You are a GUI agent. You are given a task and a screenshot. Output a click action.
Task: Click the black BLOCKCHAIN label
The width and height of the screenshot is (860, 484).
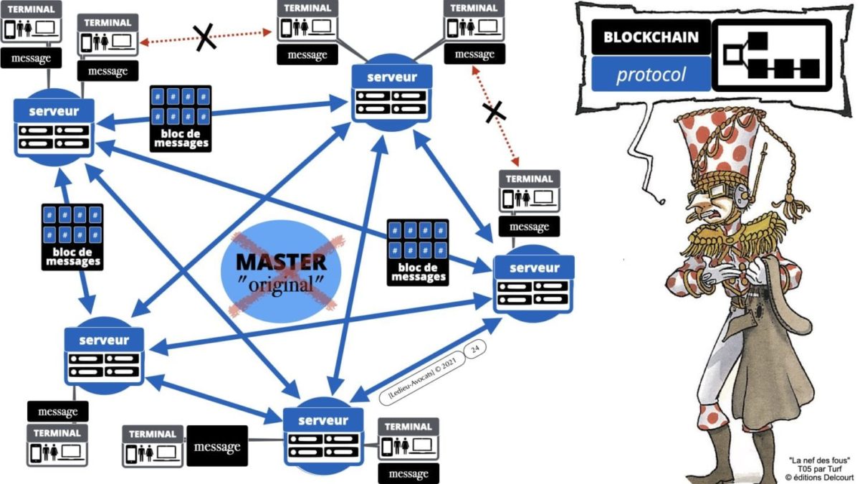click(651, 37)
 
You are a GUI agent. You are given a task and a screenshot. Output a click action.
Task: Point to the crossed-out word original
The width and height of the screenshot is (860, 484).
click(281, 283)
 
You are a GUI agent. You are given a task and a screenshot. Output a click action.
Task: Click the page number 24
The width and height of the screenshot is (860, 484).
click(475, 350)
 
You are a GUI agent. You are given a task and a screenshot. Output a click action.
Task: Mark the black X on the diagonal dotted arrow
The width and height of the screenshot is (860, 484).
click(493, 111)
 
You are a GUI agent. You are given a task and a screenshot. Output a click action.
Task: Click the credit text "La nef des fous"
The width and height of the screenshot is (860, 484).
click(818, 460)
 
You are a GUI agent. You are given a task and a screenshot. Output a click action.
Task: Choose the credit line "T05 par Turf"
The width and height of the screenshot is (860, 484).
click(818, 468)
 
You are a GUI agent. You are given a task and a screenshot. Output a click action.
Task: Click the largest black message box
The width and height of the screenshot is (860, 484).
click(216, 447)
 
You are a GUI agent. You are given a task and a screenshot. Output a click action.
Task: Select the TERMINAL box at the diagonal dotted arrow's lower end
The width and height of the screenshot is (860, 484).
click(529, 189)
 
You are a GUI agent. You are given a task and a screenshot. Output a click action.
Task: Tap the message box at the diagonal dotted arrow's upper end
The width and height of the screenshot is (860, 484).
click(474, 54)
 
